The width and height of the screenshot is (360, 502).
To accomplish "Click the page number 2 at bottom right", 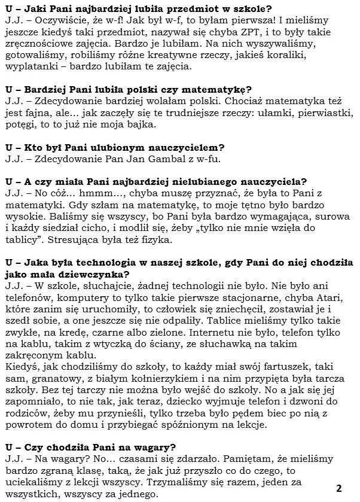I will tap(338, 487).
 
